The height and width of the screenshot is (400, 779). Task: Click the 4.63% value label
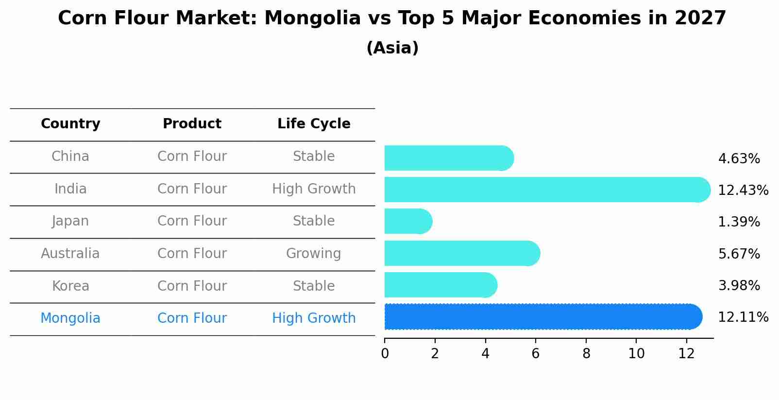tap(739, 159)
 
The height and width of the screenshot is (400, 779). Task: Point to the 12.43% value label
tap(743, 190)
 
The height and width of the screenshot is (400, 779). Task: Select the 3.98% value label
tap(739, 285)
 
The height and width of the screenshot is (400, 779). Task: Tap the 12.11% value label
tap(743, 317)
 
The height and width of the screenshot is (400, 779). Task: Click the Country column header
tap(70, 124)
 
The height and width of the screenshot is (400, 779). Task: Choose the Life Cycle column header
tap(314, 124)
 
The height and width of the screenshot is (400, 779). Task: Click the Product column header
tap(192, 124)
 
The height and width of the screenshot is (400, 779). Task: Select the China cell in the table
tap(70, 157)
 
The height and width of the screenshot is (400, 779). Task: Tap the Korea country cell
tap(70, 286)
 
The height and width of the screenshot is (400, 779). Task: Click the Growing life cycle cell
tap(313, 254)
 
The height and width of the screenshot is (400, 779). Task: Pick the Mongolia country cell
tap(70, 318)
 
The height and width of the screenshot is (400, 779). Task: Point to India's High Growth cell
tap(314, 189)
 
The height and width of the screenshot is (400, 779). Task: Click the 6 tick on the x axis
tap(536, 353)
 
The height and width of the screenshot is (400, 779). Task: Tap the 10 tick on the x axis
tap(636, 353)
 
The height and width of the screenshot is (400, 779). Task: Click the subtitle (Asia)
tap(392, 48)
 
